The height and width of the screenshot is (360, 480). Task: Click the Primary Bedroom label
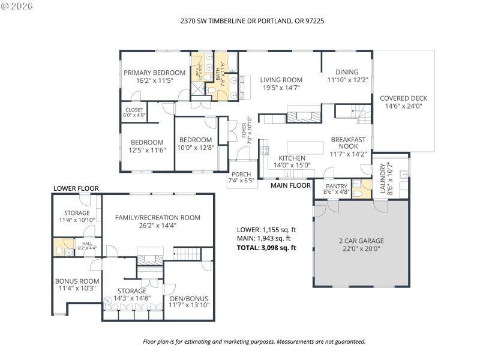pyautogui.click(x=154, y=73)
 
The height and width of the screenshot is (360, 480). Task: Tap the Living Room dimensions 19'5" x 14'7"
pyautogui.click(x=281, y=88)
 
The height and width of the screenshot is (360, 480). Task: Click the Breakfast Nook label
pyautogui.click(x=348, y=142)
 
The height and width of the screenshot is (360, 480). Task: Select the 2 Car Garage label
pyautogui.click(x=361, y=241)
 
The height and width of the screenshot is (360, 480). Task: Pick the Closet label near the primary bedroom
pyautogui.click(x=134, y=110)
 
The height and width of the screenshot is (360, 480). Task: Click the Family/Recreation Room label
pyautogui.click(x=157, y=217)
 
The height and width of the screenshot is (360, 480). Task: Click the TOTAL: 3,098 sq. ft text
pyautogui.click(x=266, y=247)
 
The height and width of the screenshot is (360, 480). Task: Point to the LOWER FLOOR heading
pyautogui.click(x=76, y=188)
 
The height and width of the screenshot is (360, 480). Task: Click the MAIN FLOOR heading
pyautogui.click(x=290, y=185)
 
